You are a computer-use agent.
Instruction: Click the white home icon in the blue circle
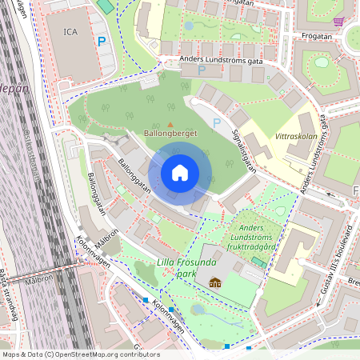[180, 173]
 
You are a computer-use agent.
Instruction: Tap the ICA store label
[71, 32]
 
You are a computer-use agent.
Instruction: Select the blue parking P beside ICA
[101, 40]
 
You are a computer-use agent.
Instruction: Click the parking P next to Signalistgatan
[216, 123]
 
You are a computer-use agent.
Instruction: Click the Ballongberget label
[170, 133]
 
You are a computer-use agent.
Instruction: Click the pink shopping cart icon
[339, 22]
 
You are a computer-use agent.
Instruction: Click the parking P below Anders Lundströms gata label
[202, 70]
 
